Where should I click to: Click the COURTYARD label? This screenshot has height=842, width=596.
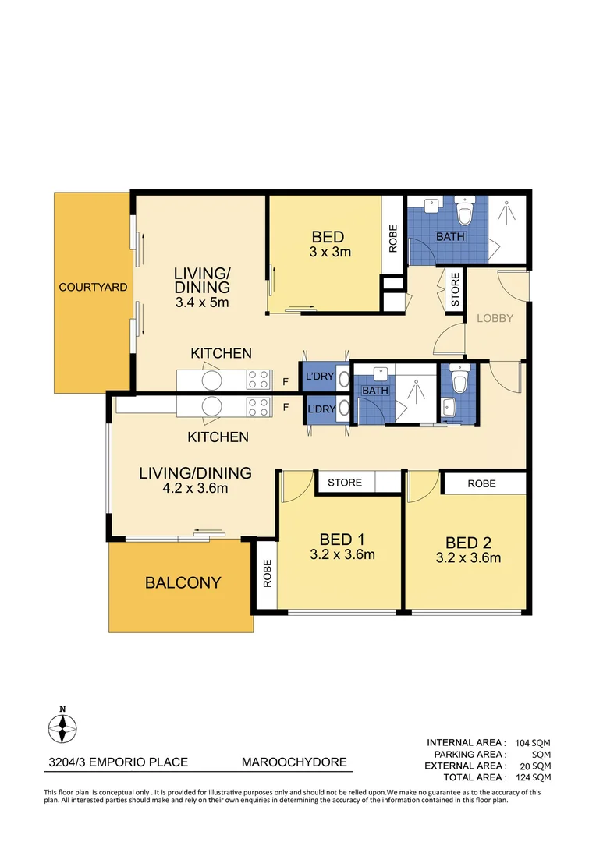point(93,287)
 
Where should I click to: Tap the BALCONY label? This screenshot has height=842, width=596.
point(182,582)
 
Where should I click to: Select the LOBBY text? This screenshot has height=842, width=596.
point(495,318)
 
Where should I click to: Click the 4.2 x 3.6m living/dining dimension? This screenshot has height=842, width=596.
point(195,488)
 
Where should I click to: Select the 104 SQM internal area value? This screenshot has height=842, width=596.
point(533,743)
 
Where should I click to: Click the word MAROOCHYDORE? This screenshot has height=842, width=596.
point(293,762)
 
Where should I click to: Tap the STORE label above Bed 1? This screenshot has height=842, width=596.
point(345,483)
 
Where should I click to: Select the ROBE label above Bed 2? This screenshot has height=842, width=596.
point(481,483)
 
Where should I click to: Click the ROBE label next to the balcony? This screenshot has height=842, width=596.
point(267,575)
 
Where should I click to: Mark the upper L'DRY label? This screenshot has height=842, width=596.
point(319,377)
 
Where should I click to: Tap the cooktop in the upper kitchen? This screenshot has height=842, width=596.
point(258,380)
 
